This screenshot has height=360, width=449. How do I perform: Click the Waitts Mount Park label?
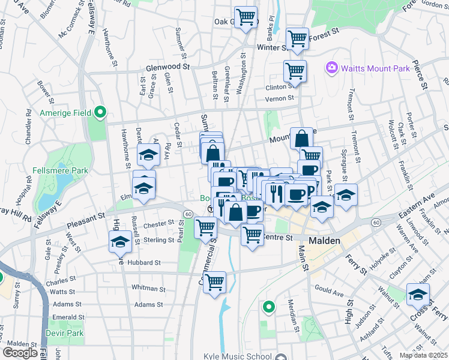click(x=375, y=68)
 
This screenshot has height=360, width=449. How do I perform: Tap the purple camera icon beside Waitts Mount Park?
click(x=331, y=68)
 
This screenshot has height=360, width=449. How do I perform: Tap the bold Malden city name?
click(x=325, y=241)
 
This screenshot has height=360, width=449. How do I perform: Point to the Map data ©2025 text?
click(x=424, y=355)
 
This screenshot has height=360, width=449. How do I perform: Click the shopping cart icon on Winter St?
click(x=298, y=39)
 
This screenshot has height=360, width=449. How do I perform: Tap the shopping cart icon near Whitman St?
click(x=214, y=282)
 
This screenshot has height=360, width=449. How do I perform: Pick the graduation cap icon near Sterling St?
click(x=120, y=242)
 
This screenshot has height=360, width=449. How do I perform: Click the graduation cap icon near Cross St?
click(x=418, y=295)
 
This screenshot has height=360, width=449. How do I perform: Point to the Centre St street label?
click(x=277, y=238)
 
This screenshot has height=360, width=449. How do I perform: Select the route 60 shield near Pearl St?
click(x=188, y=214)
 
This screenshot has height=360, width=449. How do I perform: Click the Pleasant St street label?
click(x=86, y=217)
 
